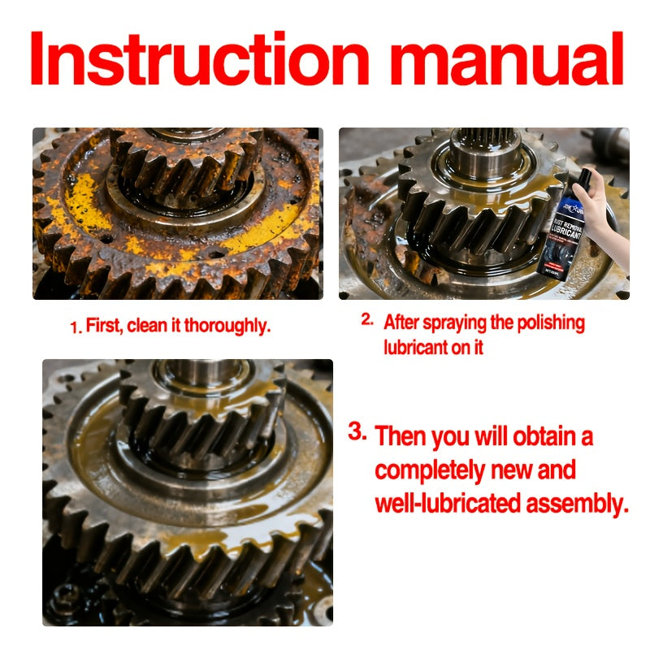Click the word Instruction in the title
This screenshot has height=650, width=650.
point(200,58)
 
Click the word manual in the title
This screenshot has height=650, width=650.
point(506,58)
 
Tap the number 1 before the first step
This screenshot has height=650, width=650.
point(75,327)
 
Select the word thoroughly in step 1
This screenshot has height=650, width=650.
point(227,327)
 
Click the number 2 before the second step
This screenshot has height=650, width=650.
point(367,319)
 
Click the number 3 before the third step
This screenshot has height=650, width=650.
point(357,431)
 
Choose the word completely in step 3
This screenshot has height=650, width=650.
point(430,471)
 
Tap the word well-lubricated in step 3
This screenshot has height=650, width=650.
point(448,503)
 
